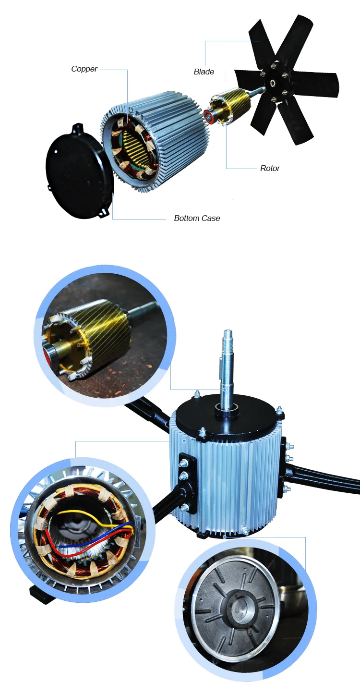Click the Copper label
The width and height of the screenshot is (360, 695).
click(x=84, y=69)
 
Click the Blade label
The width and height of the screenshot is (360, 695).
click(x=204, y=72)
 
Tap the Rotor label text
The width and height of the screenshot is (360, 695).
click(x=270, y=169)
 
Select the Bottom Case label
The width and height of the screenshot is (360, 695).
click(x=197, y=219)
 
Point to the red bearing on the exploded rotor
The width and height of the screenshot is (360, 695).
click(x=209, y=116)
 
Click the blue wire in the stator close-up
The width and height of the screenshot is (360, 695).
click(x=77, y=546)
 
